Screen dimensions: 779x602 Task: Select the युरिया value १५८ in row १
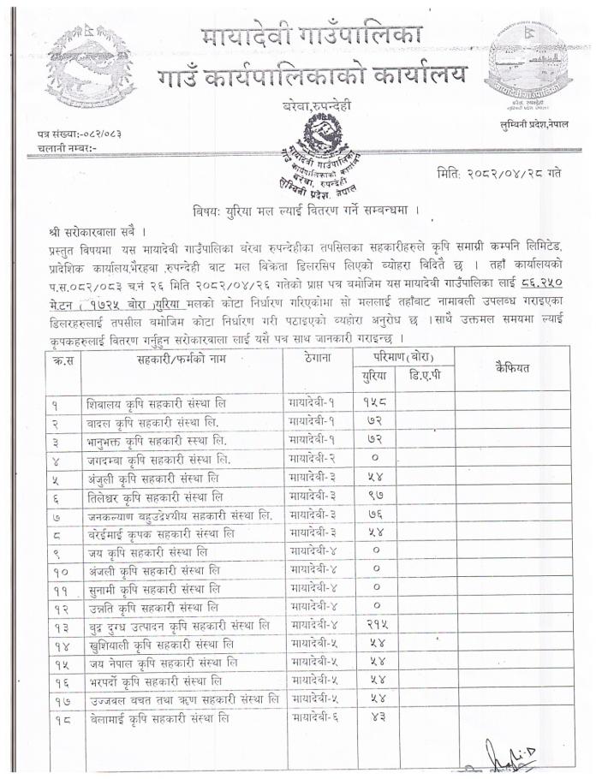coord(374,401)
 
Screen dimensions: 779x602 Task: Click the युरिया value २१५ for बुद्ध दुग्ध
coord(374,627)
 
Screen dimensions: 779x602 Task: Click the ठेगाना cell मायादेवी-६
coord(314,721)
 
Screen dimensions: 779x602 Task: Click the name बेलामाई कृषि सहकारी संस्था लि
coord(158,722)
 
